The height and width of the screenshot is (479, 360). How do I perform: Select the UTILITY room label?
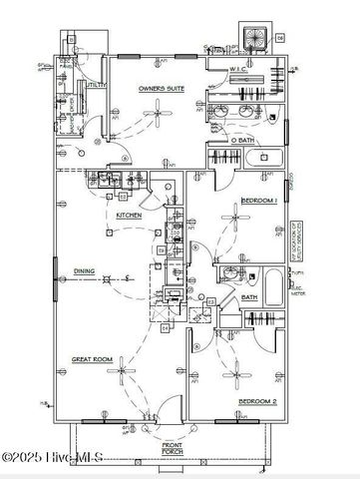96,87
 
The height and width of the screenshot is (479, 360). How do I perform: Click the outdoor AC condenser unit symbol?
256,36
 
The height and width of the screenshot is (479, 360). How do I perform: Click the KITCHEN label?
129,215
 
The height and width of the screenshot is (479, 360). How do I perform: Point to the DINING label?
84,270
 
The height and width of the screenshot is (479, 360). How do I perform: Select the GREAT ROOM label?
90,357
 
